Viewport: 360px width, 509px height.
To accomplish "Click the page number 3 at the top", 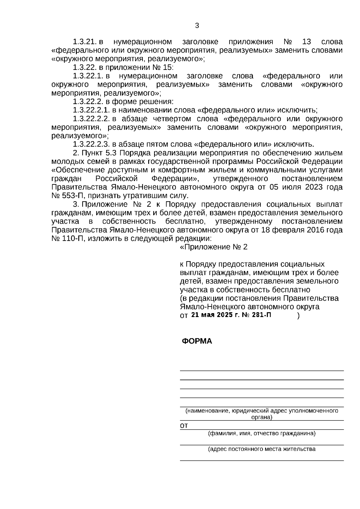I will click(x=197, y=26).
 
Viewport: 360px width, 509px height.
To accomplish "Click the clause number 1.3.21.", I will click(x=84, y=42).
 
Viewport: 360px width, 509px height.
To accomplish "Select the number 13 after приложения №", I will click(x=307, y=42).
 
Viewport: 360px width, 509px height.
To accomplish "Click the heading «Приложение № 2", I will click(x=214, y=247).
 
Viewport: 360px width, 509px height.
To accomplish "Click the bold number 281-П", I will click(x=259, y=315).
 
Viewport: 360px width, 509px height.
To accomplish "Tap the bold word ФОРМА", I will click(x=197, y=341).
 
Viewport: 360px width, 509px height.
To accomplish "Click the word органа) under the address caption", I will click(x=261, y=417).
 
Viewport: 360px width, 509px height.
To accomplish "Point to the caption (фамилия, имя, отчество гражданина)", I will click(x=262, y=433).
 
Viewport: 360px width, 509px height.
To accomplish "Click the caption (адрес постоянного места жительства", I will click(x=262, y=449).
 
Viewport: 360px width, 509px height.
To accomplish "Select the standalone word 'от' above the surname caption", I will click(x=184, y=426).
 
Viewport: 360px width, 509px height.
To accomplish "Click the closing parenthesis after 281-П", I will click(x=298, y=316).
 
